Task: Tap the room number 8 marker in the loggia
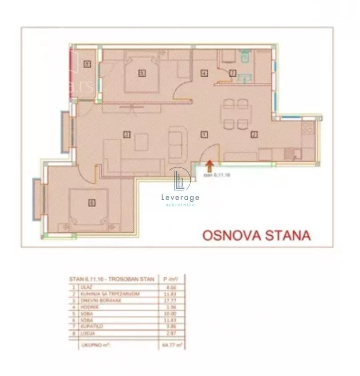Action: (x=87, y=64)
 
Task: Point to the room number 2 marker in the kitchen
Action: (x=253, y=135)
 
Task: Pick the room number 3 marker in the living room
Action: (x=126, y=135)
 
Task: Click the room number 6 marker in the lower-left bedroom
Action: (x=91, y=203)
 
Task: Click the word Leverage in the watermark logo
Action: (x=180, y=198)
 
